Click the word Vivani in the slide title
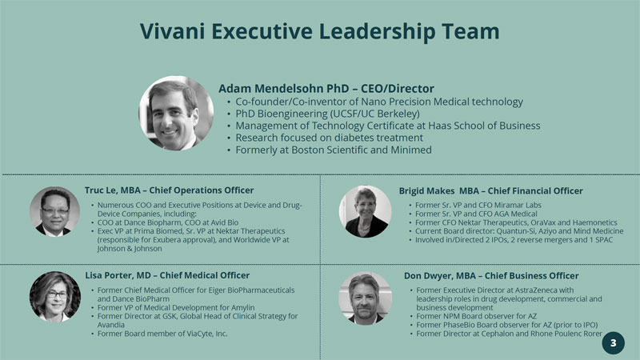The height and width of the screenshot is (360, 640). point(172,31)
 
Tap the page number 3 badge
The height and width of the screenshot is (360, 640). point(613,343)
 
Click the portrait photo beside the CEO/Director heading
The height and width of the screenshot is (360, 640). point(176,113)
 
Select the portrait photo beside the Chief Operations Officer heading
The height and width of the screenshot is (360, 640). point(54,211)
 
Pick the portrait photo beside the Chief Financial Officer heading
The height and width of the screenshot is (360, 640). point(366,212)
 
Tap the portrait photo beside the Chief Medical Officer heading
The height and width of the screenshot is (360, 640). point(55,297)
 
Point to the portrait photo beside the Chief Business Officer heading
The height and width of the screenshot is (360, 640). point(366,298)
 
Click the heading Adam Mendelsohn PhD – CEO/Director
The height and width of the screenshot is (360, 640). point(326,89)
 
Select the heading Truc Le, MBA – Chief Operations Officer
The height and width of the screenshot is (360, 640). point(169,190)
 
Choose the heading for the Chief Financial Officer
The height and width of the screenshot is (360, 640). point(490,191)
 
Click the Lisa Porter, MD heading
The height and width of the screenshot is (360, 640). point(167,275)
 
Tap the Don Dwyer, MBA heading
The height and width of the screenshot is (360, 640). point(491,276)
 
